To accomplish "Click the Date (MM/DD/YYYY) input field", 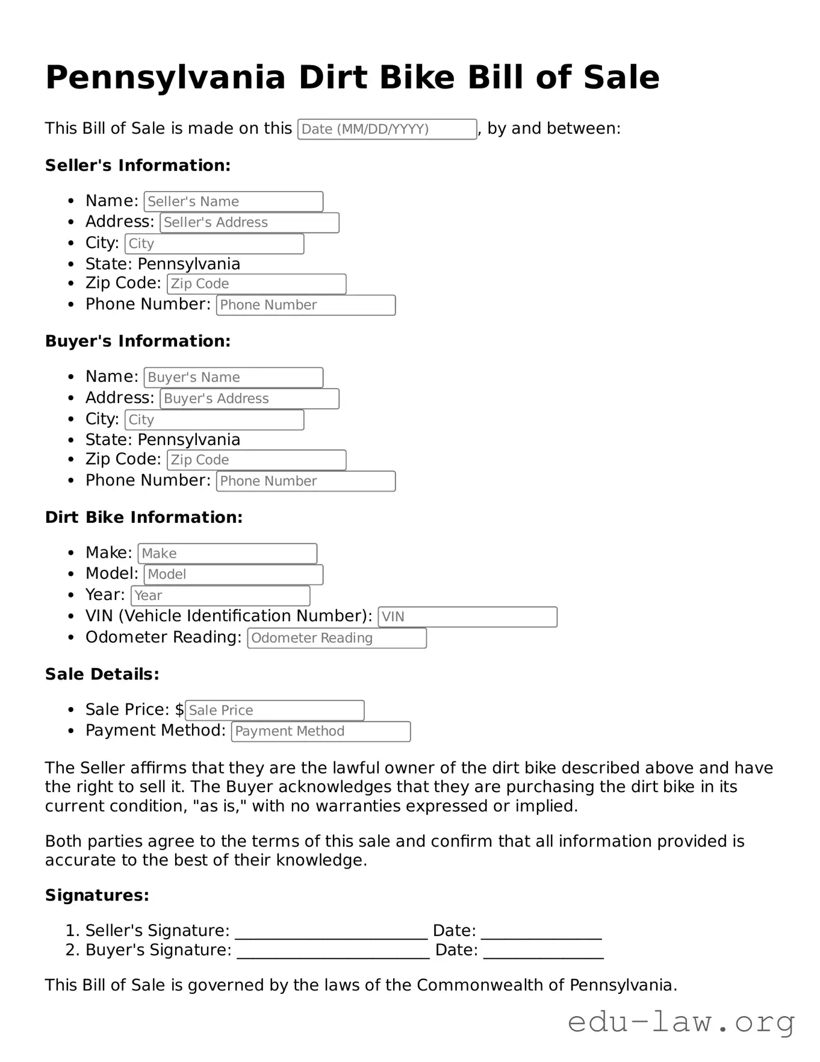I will pyautogui.click(x=387, y=129).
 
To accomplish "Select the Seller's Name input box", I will pyautogui.click(x=233, y=202).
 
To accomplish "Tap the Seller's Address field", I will pyautogui.click(x=249, y=223).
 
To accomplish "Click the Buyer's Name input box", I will pyautogui.click(x=233, y=378).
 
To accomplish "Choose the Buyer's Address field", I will pyautogui.click(x=249, y=399).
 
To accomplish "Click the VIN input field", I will pyautogui.click(x=467, y=617).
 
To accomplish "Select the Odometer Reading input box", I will pyautogui.click(x=337, y=638).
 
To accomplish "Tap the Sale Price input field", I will pyautogui.click(x=275, y=710).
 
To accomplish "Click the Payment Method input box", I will pyautogui.click(x=321, y=731).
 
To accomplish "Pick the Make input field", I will pyautogui.click(x=227, y=554).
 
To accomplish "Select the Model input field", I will pyautogui.click(x=233, y=575).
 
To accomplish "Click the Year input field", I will pyautogui.click(x=220, y=596).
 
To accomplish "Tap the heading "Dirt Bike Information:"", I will pyautogui.click(x=144, y=517).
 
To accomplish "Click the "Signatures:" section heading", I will pyautogui.click(x=97, y=895).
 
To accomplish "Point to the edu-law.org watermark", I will pyautogui.click(x=681, y=1022).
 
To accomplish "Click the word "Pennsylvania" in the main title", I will pyautogui.click(x=166, y=77).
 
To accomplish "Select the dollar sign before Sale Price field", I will pyautogui.click(x=179, y=710).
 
